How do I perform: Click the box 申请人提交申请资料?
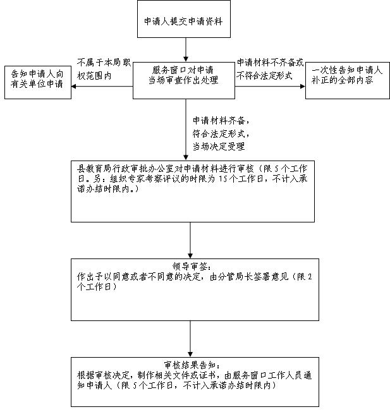pos(184,19)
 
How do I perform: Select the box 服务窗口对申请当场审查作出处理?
pos(184,80)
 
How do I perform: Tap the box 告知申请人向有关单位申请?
pos(38,82)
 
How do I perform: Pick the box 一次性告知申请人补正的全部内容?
pos(348,80)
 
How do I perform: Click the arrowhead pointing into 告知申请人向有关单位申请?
pos(73,87)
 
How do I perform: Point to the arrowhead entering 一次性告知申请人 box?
pos(303,87)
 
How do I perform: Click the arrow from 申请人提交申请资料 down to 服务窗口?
pos(186,50)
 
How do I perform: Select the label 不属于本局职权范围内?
pos(104,70)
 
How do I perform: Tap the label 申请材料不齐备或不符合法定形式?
pos(270,69)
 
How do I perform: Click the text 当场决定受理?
pos(219,146)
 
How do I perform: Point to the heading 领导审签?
pos(192,266)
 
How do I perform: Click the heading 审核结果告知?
pos(193,365)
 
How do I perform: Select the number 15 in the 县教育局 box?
pos(223,178)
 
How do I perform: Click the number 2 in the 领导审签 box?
pos(310,276)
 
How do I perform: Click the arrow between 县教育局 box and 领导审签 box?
pos(190,240)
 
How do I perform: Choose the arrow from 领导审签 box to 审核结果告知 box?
pos(190,339)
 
